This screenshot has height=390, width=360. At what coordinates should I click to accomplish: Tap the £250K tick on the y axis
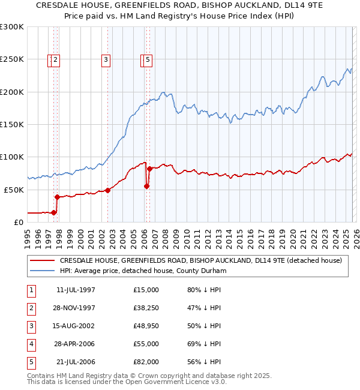click(12, 59)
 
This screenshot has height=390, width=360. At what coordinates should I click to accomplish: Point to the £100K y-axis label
click(12, 157)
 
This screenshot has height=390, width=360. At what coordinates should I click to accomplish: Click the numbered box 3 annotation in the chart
click(106, 59)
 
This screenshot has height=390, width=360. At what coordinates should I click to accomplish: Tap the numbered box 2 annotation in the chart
click(55, 59)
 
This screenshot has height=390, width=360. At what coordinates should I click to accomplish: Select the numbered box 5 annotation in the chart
click(148, 59)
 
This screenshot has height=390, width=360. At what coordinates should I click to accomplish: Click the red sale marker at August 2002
click(108, 190)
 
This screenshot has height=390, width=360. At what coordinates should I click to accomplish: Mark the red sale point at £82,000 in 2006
click(149, 169)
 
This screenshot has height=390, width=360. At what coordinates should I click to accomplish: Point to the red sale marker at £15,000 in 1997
click(54, 212)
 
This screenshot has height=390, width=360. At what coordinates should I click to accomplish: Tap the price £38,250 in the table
click(146, 308)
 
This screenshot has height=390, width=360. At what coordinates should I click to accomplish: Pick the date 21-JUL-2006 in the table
click(75, 362)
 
